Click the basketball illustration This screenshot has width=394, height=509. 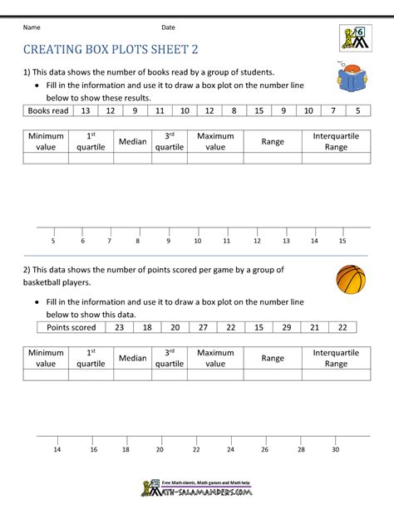tap(351, 280)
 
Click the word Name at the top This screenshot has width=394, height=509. tap(32, 27)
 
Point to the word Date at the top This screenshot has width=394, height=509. tap(169, 27)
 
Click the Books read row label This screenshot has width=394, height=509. tap(48, 110)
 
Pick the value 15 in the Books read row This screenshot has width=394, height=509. tap(259, 110)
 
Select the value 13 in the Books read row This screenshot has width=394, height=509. tap(85, 110)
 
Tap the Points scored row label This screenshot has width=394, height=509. tap(71, 328)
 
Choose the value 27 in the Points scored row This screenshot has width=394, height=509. tap(203, 328)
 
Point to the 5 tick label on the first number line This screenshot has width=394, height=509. tap(53, 241)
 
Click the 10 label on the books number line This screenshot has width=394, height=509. tap(197, 241)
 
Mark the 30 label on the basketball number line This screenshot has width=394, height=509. tap(335, 449)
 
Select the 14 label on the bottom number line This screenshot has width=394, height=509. tap(57, 449)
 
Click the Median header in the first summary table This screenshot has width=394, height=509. tap(132, 141)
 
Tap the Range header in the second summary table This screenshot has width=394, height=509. tap(273, 358)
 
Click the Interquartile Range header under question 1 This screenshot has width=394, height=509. tap(336, 141)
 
